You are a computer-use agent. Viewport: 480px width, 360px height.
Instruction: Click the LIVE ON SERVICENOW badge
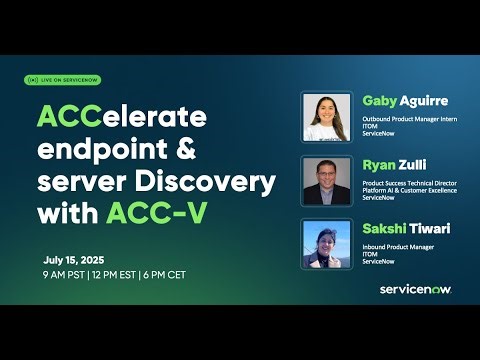pyautogui.click(x=62, y=80)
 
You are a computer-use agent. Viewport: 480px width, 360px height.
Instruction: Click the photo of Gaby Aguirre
pyautogui.click(x=326, y=117)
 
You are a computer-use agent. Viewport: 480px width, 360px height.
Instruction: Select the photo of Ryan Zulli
pyautogui.click(x=326, y=180)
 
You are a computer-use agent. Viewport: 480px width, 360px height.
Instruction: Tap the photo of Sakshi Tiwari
pyautogui.click(x=326, y=244)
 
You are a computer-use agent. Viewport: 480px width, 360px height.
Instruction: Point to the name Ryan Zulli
pyautogui.click(x=392, y=164)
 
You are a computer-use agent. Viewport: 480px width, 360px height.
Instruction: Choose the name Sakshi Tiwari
pyautogui.click(x=406, y=228)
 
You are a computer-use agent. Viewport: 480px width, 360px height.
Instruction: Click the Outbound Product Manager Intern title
pyautogui.click(x=412, y=119)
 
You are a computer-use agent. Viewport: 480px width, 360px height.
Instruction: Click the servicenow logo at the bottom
pyautogui.click(x=416, y=289)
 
